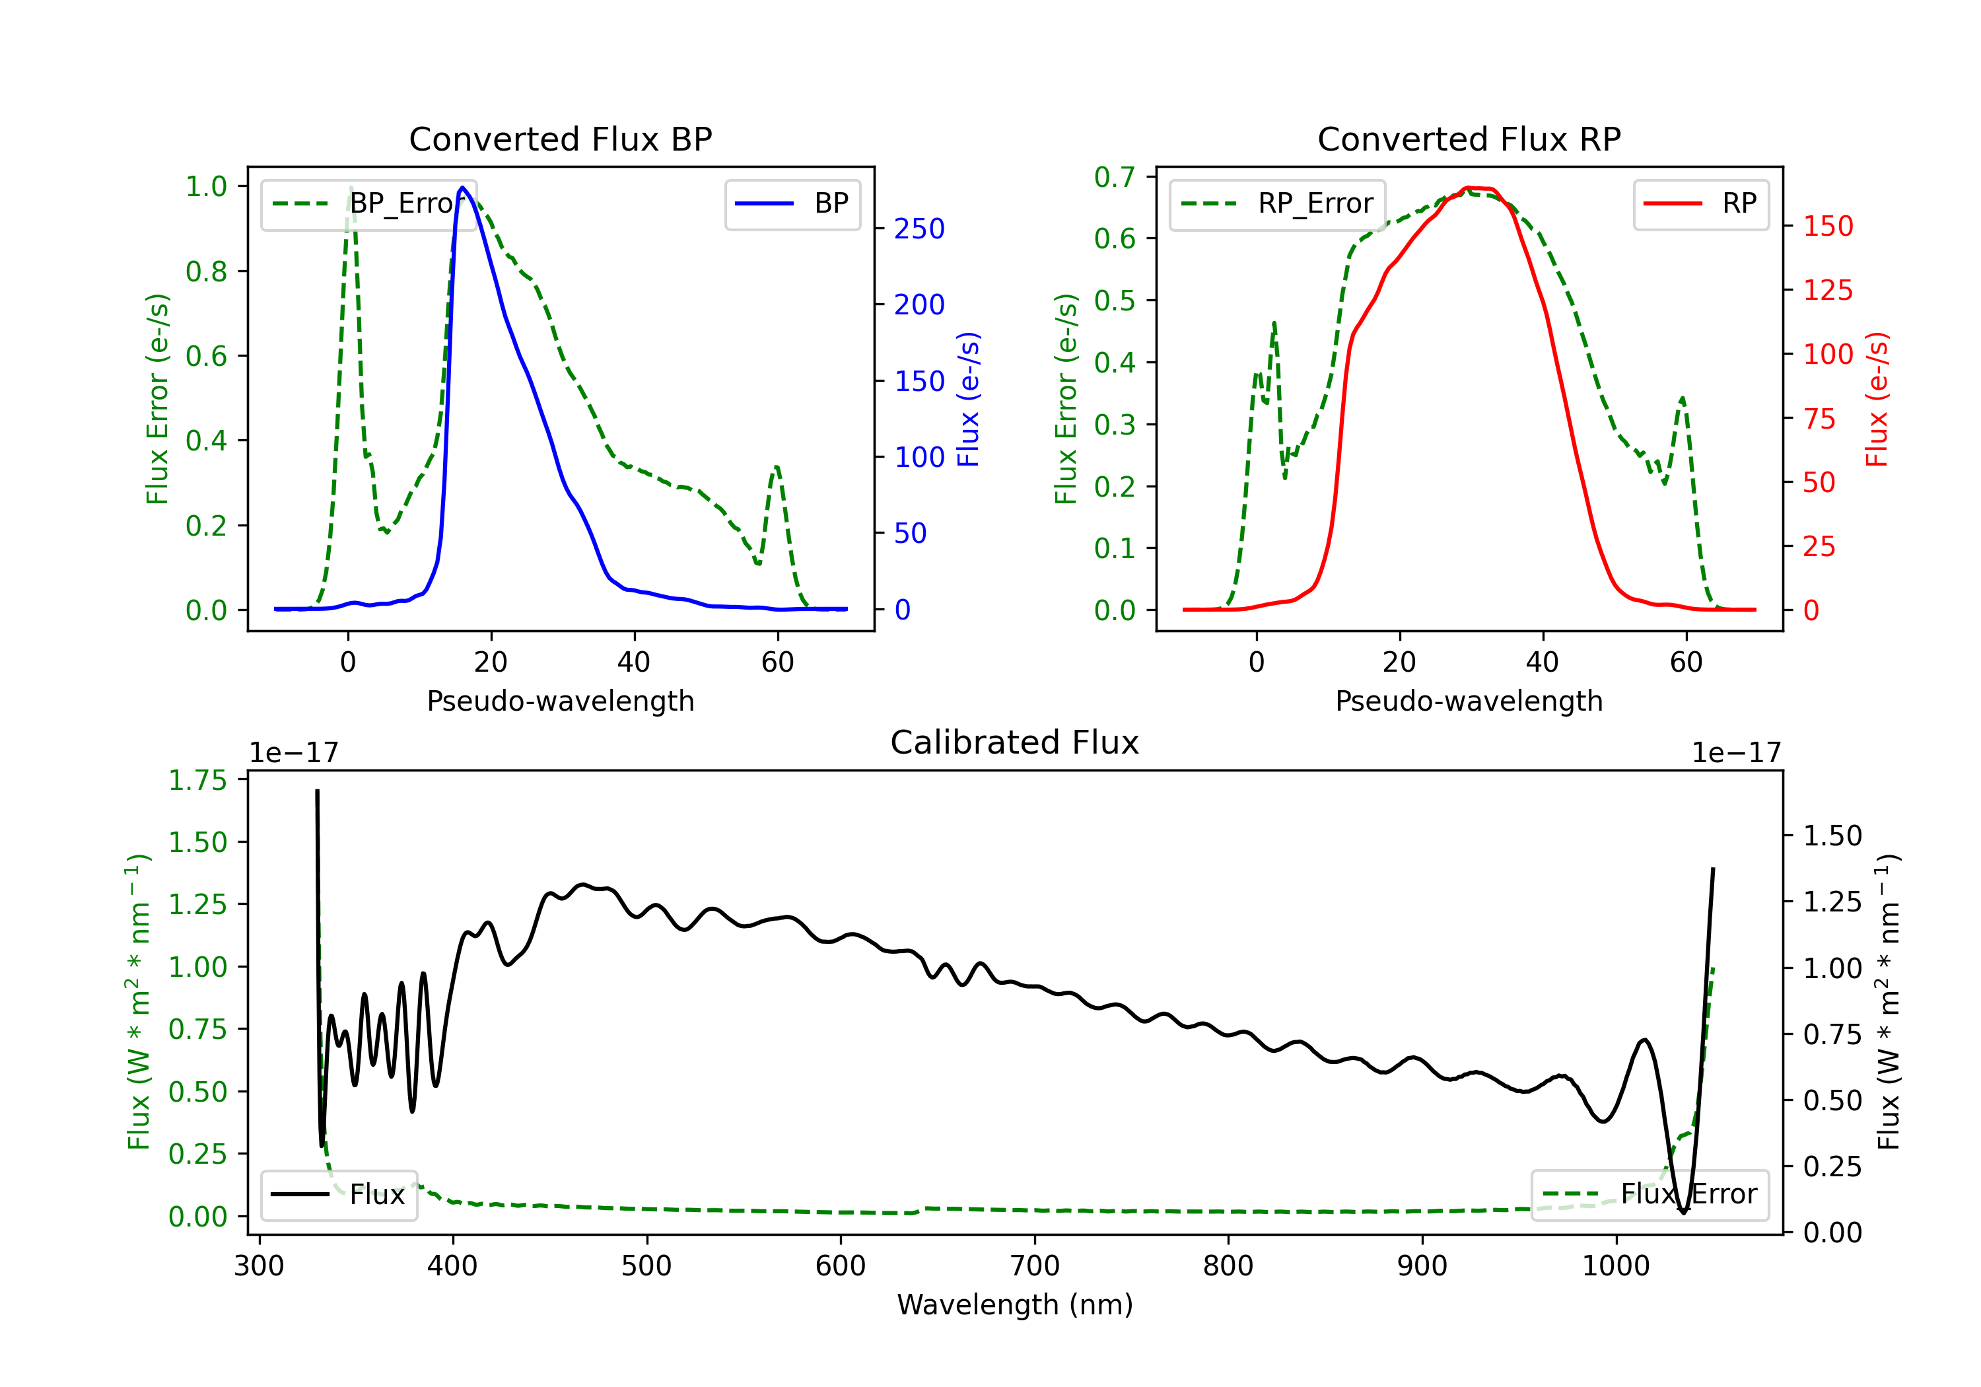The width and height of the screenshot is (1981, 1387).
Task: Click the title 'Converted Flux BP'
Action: click(x=560, y=139)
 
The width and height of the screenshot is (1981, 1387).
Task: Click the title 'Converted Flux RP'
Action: click(x=1469, y=139)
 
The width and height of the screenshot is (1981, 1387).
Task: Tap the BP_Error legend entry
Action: click(x=368, y=203)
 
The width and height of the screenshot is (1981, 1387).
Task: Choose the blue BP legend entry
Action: click(x=792, y=203)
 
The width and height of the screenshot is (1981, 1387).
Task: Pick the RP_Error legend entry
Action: click(x=1277, y=203)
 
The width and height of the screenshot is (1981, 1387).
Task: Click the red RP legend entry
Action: click(x=1700, y=203)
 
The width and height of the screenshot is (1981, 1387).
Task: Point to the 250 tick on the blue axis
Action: click(x=919, y=229)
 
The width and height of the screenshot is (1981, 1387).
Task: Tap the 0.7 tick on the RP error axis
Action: click(x=1114, y=177)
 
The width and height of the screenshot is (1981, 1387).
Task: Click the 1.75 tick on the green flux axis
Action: click(x=197, y=780)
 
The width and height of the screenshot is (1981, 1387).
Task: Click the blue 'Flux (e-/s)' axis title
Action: click(x=968, y=399)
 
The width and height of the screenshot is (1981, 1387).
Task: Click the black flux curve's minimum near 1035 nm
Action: click(x=1683, y=1213)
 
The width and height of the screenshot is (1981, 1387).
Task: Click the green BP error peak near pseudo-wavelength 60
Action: click(x=777, y=467)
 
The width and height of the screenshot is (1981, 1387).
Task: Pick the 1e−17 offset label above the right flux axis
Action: click(x=1736, y=753)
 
